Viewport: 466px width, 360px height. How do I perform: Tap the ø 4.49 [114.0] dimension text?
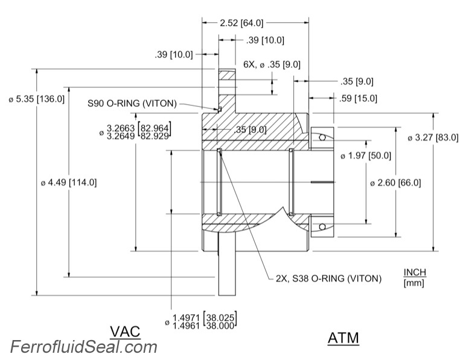click(x=70, y=182)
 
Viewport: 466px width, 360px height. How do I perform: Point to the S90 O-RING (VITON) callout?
click(x=132, y=103)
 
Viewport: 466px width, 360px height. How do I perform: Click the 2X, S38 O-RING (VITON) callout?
click(x=328, y=278)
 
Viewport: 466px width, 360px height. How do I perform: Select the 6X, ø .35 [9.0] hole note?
click(x=272, y=64)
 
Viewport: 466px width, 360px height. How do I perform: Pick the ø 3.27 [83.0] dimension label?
click(x=432, y=138)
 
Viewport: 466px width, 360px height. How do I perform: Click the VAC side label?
click(x=126, y=331)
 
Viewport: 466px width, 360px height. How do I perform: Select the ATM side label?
click(x=343, y=338)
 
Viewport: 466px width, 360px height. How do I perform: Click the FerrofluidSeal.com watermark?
click(x=83, y=347)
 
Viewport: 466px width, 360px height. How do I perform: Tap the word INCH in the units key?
click(x=414, y=273)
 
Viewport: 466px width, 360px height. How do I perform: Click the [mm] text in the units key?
click(x=414, y=283)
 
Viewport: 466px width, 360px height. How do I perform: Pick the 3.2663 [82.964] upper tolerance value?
click(x=138, y=128)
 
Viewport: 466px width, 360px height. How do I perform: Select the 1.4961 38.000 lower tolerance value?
click(x=204, y=324)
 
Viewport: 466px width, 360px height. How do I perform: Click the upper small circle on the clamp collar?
click(x=323, y=138)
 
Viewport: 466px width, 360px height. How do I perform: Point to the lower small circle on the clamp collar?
click(x=323, y=227)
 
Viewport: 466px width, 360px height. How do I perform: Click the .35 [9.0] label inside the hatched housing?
click(x=249, y=129)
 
